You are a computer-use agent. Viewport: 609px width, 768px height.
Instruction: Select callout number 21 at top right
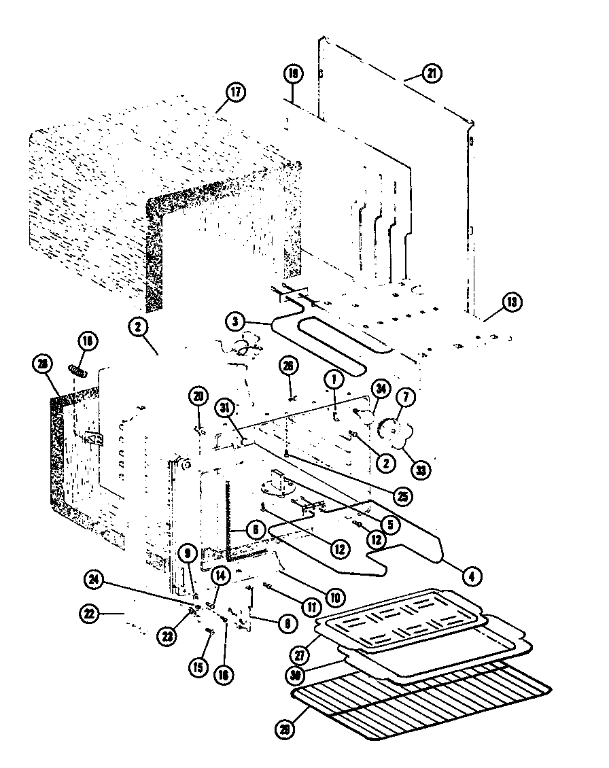click(431, 75)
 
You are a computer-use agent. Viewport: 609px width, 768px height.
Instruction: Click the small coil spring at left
click(79, 372)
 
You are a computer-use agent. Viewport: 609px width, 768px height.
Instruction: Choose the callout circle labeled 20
click(198, 396)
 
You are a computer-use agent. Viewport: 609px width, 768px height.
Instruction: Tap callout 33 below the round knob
click(423, 470)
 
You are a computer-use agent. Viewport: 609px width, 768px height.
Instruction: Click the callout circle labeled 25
click(404, 497)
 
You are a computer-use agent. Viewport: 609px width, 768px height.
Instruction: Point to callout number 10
click(334, 597)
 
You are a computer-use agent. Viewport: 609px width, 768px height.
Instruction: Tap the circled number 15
click(198, 668)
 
